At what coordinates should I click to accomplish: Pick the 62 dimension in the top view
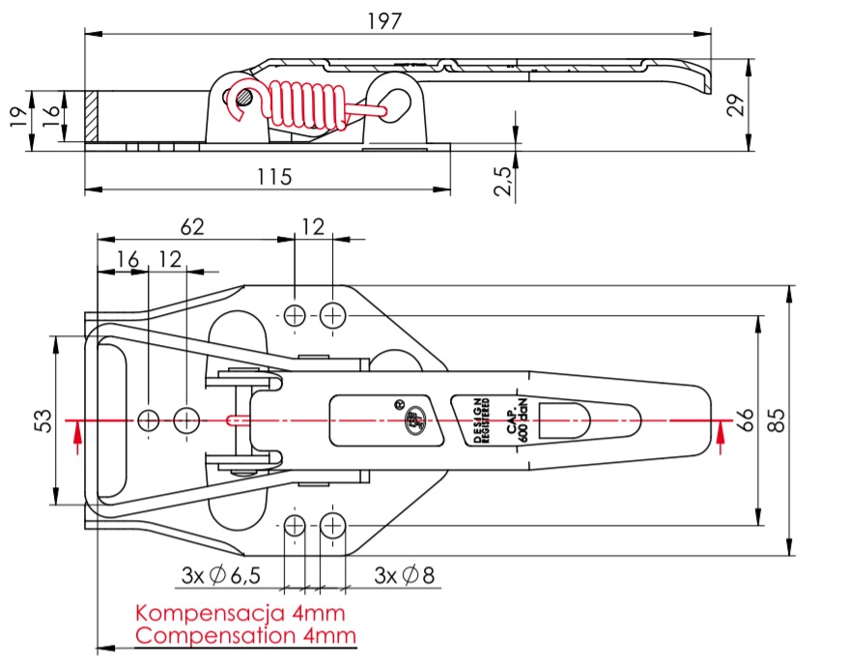193,227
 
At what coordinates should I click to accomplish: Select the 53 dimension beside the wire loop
42,420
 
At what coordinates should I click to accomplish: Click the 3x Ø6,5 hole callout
220,576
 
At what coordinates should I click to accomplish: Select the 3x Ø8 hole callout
405,576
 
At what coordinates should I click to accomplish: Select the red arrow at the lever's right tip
720,437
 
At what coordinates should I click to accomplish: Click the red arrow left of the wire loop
78,437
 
